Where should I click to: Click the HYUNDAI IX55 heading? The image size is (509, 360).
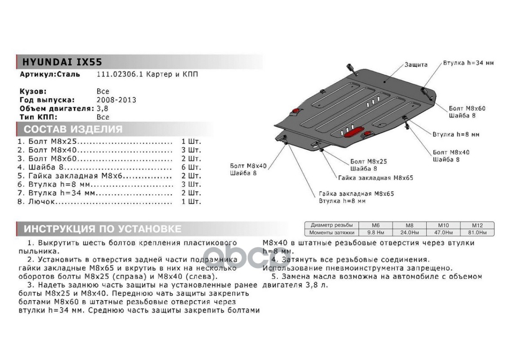point(62,62)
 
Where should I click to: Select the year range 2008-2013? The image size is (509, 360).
point(116,100)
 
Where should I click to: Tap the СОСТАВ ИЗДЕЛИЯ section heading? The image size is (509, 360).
point(73,129)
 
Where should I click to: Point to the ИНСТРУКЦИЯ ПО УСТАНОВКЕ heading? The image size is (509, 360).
point(103,229)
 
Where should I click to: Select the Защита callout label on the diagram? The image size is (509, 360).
point(415,65)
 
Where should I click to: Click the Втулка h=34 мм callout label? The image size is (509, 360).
point(468,63)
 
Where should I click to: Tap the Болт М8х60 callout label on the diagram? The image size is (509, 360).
point(467,108)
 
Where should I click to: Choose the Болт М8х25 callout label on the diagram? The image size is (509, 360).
point(368,161)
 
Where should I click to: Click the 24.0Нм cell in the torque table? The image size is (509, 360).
point(409,233)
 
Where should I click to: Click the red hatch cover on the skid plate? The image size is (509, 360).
point(354,132)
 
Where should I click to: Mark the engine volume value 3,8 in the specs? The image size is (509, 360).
point(103,108)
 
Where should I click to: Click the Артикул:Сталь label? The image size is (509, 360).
point(50,74)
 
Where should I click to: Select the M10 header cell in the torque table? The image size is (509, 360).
point(443,225)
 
